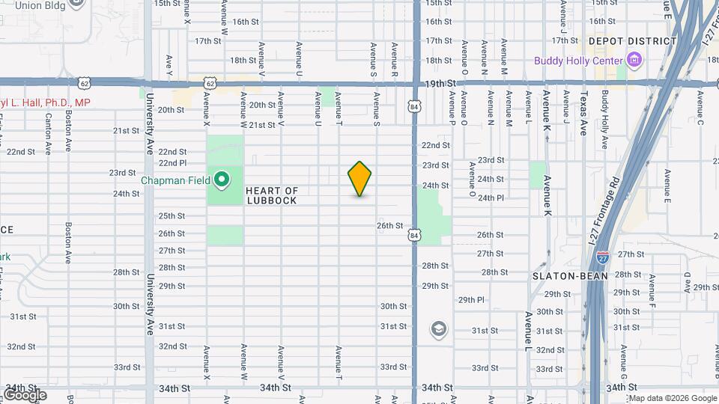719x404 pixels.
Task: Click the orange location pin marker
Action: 359,179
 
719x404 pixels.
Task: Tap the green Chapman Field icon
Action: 222,180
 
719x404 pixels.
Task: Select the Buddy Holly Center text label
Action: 577,61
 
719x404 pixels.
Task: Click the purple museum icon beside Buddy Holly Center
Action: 634,60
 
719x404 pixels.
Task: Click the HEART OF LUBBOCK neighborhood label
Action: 271,196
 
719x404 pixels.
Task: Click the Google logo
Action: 24,394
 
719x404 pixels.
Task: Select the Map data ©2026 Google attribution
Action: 673,398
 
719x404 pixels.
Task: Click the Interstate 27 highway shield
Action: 603,257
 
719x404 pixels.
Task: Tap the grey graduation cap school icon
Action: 438,329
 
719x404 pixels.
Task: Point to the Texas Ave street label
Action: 583,113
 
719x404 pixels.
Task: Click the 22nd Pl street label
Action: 172,162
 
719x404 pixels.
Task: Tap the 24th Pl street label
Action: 491,198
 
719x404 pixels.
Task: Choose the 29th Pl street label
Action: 472,299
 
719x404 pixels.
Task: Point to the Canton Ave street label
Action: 48,133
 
